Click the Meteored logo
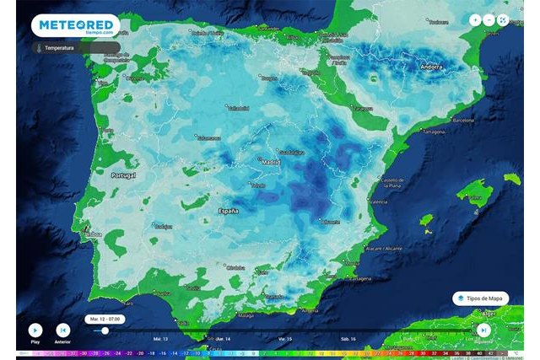[75, 26]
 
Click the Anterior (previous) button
[62, 330]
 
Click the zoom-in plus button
[475, 19]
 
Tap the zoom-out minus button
[489, 19]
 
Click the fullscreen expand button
[503, 19]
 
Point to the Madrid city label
[270, 162]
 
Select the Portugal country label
[123, 175]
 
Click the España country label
[229, 210]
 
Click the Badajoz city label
[163, 226]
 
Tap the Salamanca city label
[208, 138]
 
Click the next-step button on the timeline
[483, 330]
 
